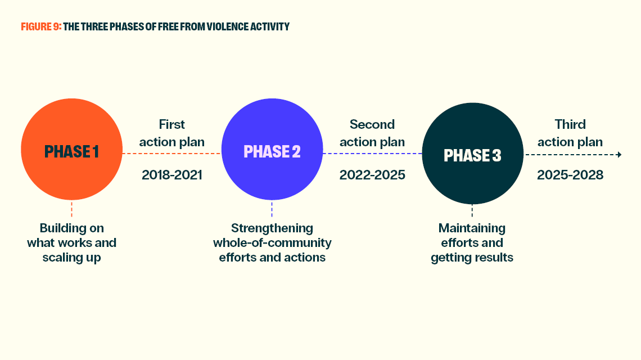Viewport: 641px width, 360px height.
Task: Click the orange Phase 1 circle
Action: (x=71, y=149)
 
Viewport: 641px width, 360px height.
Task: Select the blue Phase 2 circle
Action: (x=272, y=149)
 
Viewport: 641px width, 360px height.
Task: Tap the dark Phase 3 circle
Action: (x=472, y=154)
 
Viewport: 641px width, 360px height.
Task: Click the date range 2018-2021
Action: (x=172, y=175)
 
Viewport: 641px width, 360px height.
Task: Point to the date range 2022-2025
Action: (x=372, y=175)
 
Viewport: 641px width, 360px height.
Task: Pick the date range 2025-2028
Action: (x=570, y=175)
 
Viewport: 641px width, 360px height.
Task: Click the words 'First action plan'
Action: (x=172, y=133)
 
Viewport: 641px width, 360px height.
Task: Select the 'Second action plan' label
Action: (x=372, y=133)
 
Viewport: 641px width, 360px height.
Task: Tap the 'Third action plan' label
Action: (x=570, y=133)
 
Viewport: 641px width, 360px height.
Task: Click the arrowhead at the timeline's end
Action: (x=619, y=155)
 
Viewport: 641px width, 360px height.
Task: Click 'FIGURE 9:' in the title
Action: (x=41, y=27)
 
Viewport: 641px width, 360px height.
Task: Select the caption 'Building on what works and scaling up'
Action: (x=71, y=242)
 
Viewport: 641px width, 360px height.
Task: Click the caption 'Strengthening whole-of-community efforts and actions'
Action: (x=272, y=242)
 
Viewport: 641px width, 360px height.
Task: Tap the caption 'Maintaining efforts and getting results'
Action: (x=472, y=242)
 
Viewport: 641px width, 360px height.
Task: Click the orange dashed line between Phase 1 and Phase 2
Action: (x=171, y=154)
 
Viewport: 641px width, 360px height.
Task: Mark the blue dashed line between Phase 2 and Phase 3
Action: (x=372, y=154)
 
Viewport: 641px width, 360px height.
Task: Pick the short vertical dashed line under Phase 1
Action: (x=71, y=209)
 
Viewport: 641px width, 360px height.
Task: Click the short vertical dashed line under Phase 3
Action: (x=472, y=211)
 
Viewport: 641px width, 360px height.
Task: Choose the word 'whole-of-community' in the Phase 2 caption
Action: (x=272, y=243)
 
